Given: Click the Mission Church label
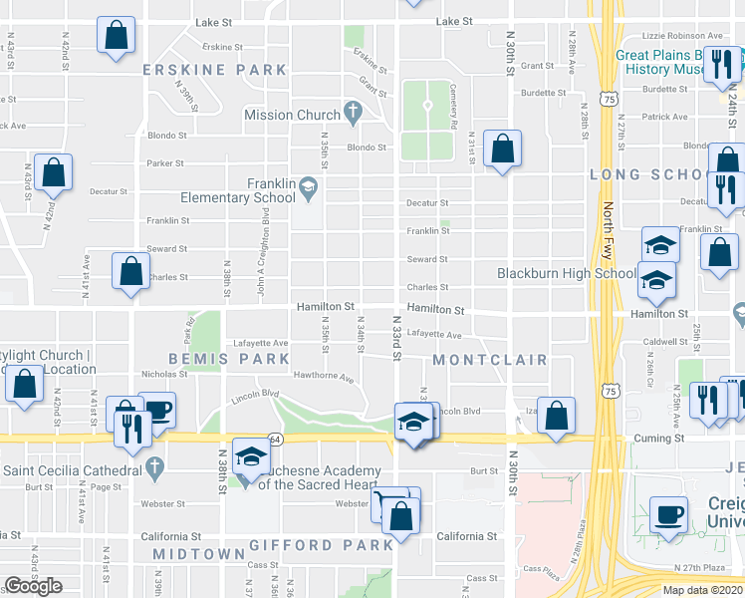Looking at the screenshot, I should [292, 115].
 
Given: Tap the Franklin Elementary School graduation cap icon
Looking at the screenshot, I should [309, 184].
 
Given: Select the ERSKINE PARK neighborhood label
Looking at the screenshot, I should [214, 71].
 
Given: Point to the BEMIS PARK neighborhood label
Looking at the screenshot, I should [214, 358].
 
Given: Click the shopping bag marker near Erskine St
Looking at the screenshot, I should [117, 36].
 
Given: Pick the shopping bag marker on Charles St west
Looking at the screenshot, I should [130, 271].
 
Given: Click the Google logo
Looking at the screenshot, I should [33, 586].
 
